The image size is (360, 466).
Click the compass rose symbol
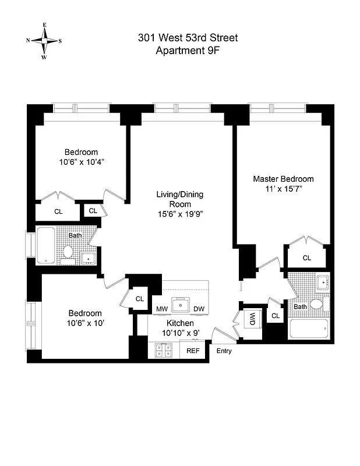(44, 41)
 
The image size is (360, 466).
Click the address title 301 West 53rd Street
(188, 38)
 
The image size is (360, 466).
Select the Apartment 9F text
(188, 51)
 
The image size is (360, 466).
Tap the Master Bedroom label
(283, 179)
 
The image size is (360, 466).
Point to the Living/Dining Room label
(179, 199)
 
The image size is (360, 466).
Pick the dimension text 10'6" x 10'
(84, 323)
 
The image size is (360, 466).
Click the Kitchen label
(180, 323)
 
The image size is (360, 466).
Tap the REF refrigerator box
(193, 351)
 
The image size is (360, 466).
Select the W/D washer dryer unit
(252, 319)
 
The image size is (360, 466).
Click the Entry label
(224, 351)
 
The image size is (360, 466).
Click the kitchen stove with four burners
(163, 350)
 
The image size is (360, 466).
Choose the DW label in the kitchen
(199, 309)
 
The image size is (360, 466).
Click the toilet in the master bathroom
(317, 304)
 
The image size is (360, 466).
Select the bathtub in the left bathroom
(46, 246)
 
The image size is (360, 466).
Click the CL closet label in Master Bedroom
(306, 257)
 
